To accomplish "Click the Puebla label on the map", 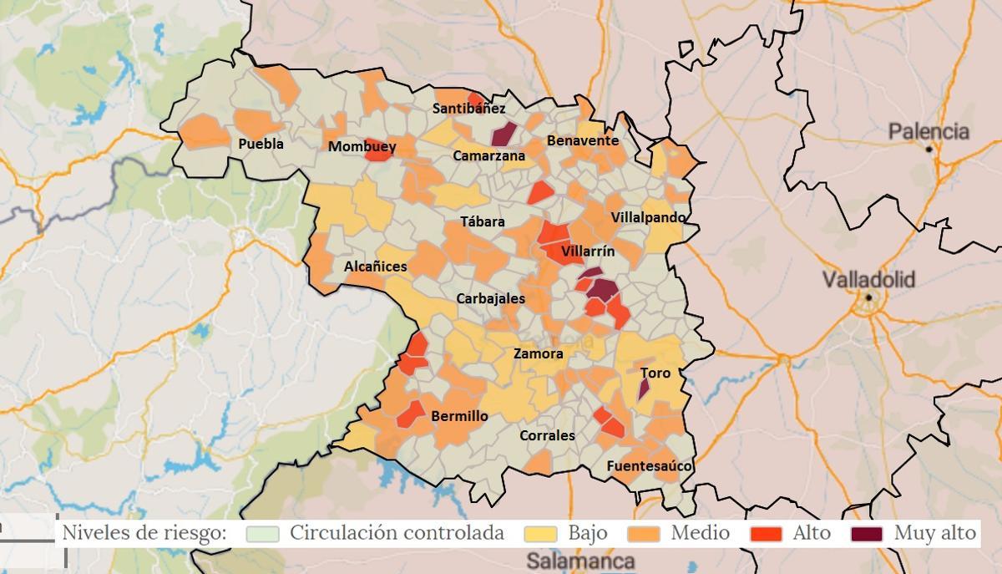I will click(x=261, y=144).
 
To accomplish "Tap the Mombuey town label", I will click(x=362, y=147).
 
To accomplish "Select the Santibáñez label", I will click(x=468, y=109).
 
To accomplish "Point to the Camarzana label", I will click(x=488, y=155).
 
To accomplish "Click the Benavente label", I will click(x=582, y=141).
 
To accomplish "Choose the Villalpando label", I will click(x=648, y=217).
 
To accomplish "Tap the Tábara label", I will click(x=483, y=221).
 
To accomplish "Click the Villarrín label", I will click(x=587, y=251).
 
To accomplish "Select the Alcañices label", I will click(x=376, y=267).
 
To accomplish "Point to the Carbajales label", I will click(x=490, y=298).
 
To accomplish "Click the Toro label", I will click(x=655, y=373).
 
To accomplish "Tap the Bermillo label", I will click(x=459, y=416).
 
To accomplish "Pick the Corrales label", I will click(x=547, y=435).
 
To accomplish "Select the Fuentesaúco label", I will click(x=649, y=466).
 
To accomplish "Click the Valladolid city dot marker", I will click(x=869, y=297).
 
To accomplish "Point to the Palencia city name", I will click(x=929, y=131).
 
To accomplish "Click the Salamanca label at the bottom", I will click(x=580, y=561).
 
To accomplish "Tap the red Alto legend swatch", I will click(x=766, y=533).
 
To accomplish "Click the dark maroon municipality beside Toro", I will click(x=644, y=389).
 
